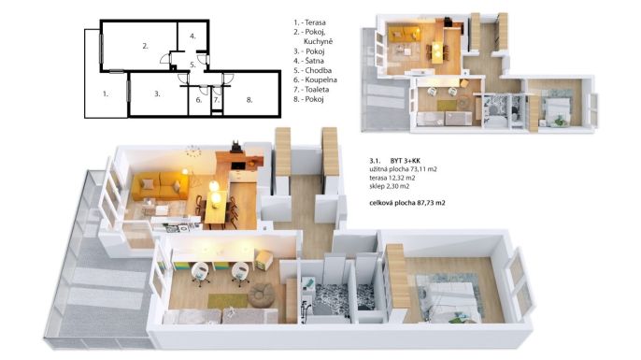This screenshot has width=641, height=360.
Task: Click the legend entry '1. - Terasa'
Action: tap(309, 22)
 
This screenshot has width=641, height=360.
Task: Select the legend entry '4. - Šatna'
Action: tap(308, 61)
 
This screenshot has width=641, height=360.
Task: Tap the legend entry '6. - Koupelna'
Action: tap(315, 79)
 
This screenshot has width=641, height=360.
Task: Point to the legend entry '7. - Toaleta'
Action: tap(311, 90)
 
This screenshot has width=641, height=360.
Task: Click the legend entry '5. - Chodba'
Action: tap(312, 70)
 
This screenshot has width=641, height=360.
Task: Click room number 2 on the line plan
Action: tap(145, 46)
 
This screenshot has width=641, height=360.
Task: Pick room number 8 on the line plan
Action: tap(249, 100)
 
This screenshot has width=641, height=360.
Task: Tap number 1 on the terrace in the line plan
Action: tap(105, 94)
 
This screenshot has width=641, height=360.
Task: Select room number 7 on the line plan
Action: tap(217, 100)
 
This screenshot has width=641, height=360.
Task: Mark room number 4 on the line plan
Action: tap(192, 36)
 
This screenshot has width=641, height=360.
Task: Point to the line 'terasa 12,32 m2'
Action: tap(392, 178)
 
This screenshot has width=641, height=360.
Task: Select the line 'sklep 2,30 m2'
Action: tap(389, 186)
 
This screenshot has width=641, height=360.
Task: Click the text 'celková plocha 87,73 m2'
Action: tap(407, 203)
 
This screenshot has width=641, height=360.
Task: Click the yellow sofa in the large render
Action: tap(161, 186)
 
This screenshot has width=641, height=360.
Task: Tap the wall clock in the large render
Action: tap(192, 151)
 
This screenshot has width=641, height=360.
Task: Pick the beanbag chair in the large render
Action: tap(261, 295)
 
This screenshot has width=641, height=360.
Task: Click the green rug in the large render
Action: tap(227, 301)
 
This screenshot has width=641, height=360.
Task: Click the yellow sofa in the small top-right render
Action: tap(404, 34)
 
